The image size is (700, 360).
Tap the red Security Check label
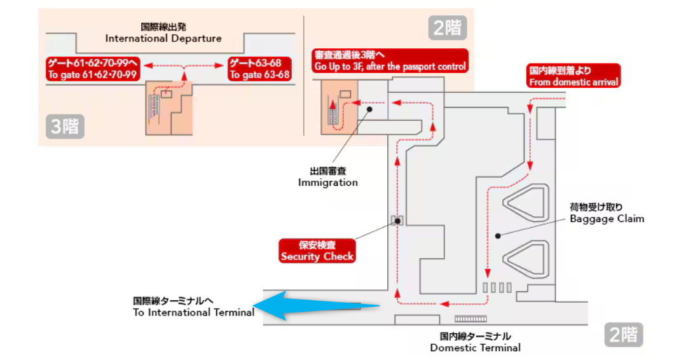(317, 251)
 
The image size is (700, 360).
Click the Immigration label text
(328, 177)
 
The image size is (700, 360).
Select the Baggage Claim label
(607, 213)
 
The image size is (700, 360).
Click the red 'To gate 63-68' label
(259, 69)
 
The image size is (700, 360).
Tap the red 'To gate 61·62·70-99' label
(93, 69)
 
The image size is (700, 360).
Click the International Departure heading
(163, 33)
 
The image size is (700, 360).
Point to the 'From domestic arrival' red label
(573, 76)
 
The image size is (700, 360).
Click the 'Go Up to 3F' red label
(390, 60)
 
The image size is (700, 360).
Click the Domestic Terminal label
(475, 342)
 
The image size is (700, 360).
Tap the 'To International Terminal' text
(193, 307)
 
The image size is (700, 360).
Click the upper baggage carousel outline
(526, 204)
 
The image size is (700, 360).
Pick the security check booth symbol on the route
(397, 221)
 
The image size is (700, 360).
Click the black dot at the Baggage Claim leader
(498, 235)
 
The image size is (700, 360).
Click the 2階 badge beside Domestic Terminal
(622, 335)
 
